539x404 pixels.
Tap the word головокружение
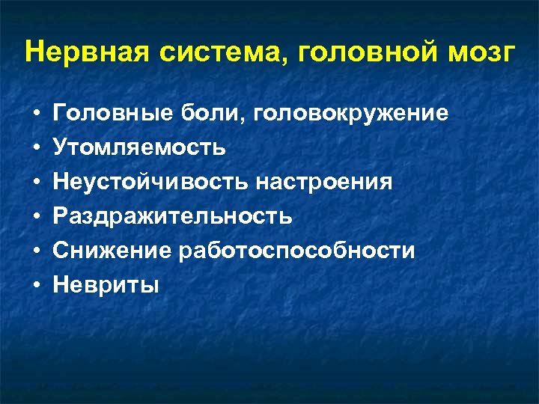click(x=351, y=114)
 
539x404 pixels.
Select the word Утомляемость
click(x=138, y=148)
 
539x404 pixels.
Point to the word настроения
click(x=323, y=183)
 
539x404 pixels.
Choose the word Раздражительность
click(x=172, y=217)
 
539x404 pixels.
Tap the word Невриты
click(x=106, y=285)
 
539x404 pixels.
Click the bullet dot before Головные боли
click(x=36, y=114)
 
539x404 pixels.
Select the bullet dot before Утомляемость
click(x=36, y=149)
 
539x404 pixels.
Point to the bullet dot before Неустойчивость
click(x=36, y=183)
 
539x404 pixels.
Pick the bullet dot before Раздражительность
click(x=36, y=218)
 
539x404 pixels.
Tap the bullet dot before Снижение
click(x=36, y=252)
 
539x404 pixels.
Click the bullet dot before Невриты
click(x=36, y=286)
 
